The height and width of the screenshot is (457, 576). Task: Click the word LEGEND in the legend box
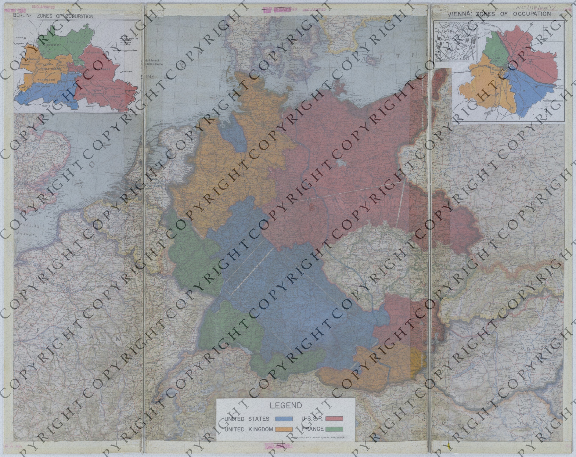pos(286,406)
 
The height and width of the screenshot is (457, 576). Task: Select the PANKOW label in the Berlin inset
pos(80,42)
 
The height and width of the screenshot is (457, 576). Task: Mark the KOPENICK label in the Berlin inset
pos(122,94)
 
